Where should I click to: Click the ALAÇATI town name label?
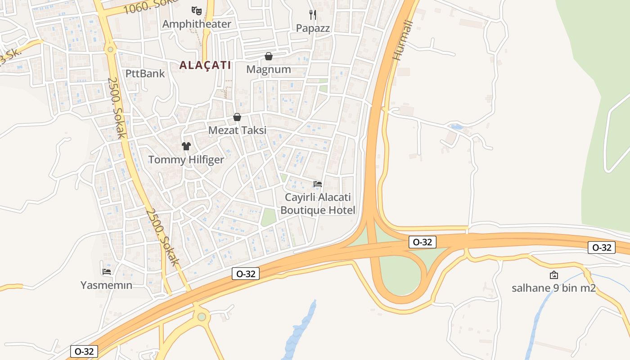(x=205, y=65)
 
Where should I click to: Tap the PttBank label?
(x=145, y=73)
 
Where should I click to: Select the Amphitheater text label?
(x=197, y=24)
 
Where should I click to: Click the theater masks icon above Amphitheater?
(x=196, y=10)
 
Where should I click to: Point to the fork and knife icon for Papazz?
(x=313, y=15)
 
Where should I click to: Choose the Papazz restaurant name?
(x=313, y=28)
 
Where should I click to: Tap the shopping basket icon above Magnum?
(x=269, y=56)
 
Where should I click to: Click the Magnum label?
(x=269, y=69)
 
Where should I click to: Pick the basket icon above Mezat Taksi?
(x=237, y=117)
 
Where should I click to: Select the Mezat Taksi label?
(x=237, y=130)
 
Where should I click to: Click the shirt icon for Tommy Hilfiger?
(x=186, y=146)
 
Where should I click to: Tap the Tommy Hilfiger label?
(x=186, y=159)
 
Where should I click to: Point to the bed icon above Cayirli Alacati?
(x=318, y=184)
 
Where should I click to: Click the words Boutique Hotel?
(x=318, y=210)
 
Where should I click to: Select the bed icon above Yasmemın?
(x=107, y=271)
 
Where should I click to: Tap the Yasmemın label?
(x=107, y=285)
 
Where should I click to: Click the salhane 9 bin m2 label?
(x=553, y=288)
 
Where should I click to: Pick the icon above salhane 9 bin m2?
(x=554, y=275)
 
